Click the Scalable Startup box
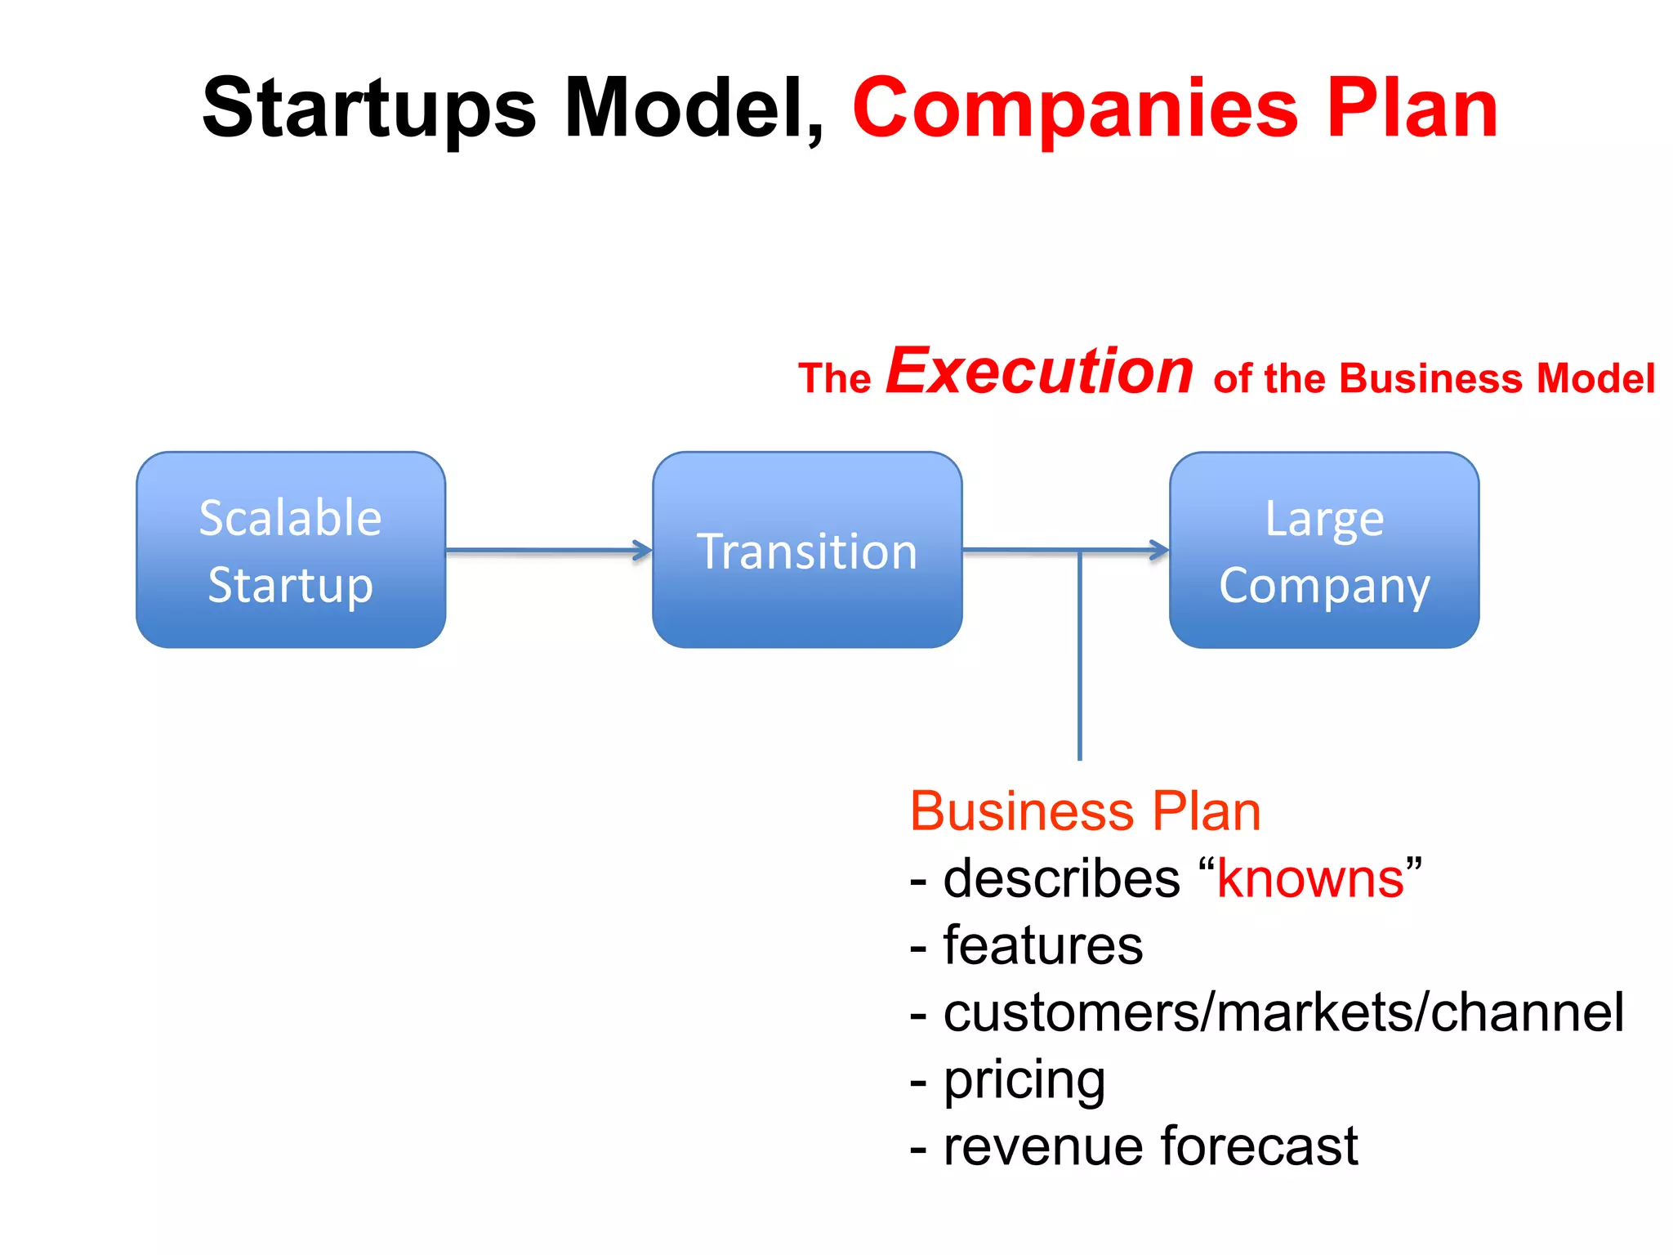pos(291,550)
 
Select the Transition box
pos(807,550)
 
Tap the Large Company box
pos(1324,550)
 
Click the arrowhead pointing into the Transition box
pos(644,551)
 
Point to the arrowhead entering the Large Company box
pos(1160,551)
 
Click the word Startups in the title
pos(369,109)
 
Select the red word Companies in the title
pos(1075,109)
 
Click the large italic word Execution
pos(1040,372)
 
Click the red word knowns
pos(1310,879)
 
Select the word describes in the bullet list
pos(1061,879)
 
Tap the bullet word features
pos(1042,946)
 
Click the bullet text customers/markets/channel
pos(1283,1013)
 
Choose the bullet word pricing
pos(1024,1080)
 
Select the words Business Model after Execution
pos(1497,379)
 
